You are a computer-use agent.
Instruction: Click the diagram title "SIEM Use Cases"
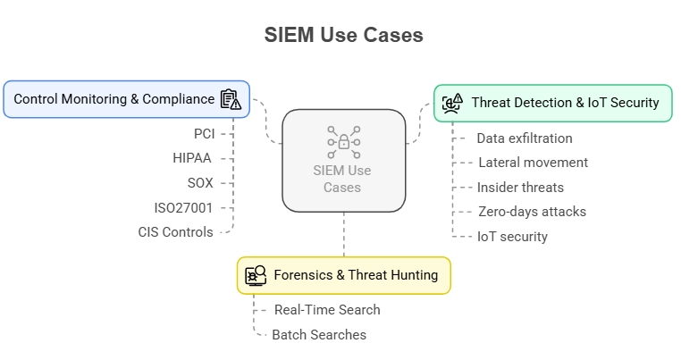[x=343, y=35]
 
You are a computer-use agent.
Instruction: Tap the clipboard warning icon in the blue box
[x=231, y=99]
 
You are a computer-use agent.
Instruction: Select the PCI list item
[x=204, y=134]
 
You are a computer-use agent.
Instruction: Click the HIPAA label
[x=192, y=158]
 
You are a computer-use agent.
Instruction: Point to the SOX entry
[x=200, y=183]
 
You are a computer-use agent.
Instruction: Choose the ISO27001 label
[x=183, y=208]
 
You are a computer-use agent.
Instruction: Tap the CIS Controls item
[x=175, y=232]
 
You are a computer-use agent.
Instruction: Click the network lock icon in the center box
[x=344, y=142]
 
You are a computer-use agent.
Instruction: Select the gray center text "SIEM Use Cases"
[x=342, y=179]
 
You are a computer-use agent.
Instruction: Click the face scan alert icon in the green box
[x=452, y=104]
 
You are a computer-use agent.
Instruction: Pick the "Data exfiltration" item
[x=525, y=138]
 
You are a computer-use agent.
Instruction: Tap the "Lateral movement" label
[x=534, y=163]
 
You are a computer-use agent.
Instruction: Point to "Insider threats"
[x=520, y=188]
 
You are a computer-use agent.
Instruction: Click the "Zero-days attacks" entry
[x=532, y=212]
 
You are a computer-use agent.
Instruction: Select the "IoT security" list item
[x=512, y=237]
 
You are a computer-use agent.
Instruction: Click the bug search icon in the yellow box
[x=256, y=276]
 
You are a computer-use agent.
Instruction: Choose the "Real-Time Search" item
[x=327, y=310]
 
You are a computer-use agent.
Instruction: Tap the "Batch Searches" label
[x=319, y=335]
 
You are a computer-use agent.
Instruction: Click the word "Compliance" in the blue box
[x=179, y=99]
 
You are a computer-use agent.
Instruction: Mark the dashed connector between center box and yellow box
[x=344, y=235]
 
